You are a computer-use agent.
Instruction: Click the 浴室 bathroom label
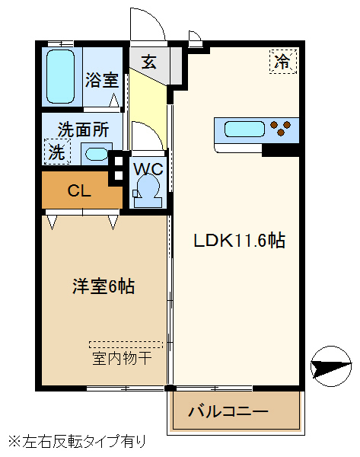[x=101, y=79]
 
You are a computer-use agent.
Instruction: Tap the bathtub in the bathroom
[x=60, y=76]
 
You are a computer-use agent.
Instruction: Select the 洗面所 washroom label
[x=84, y=129]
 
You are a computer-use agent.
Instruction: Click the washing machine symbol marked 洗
[x=57, y=152]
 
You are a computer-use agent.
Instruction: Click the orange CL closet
[x=80, y=191]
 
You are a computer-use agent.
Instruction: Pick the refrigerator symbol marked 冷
[x=282, y=62]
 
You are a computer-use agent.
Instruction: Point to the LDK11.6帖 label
[x=239, y=241]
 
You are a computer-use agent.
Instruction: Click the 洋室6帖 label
[x=104, y=287]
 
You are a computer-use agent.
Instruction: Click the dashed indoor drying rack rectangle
[x=126, y=344]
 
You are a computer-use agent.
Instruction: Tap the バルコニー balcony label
[x=228, y=412]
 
